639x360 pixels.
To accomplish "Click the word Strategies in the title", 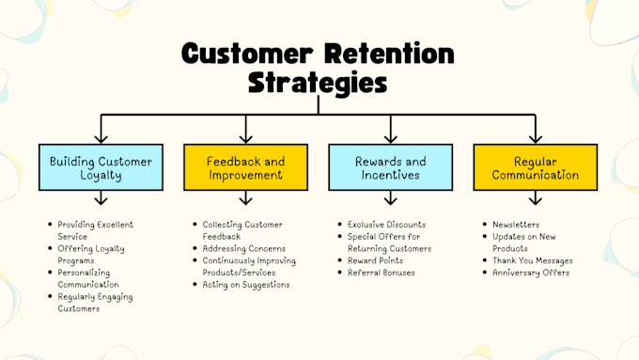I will (x=318, y=83).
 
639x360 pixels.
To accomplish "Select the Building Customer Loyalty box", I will (x=101, y=167).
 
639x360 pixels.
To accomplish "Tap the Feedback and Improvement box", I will (x=245, y=167).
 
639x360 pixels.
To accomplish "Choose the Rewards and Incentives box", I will (x=390, y=167).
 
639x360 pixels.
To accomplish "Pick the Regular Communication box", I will (x=534, y=167).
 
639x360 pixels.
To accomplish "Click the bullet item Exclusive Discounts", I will (x=386, y=225).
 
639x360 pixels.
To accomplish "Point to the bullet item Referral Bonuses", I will (x=382, y=273).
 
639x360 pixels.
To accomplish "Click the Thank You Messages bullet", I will (x=532, y=260).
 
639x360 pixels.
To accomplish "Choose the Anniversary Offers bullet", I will (x=530, y=273).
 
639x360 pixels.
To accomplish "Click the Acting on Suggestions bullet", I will (x=246, y=284).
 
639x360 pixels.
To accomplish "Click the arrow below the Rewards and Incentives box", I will (x=390, y=198).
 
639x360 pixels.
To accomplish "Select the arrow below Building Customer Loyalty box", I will (x=101, y=198).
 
